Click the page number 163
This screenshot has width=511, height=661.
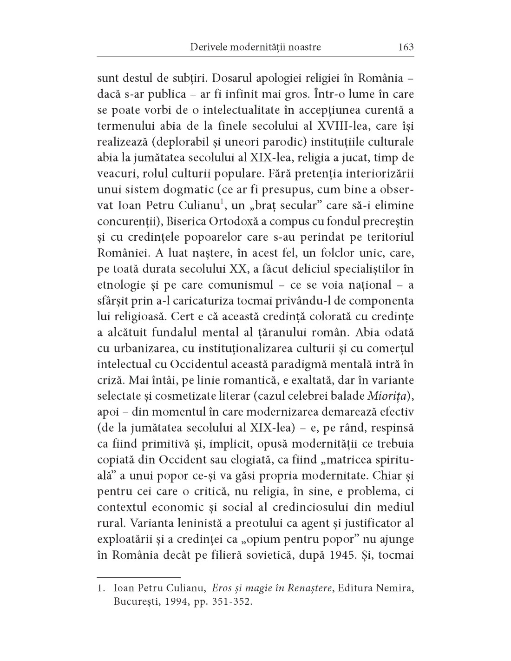coord(406,47)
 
